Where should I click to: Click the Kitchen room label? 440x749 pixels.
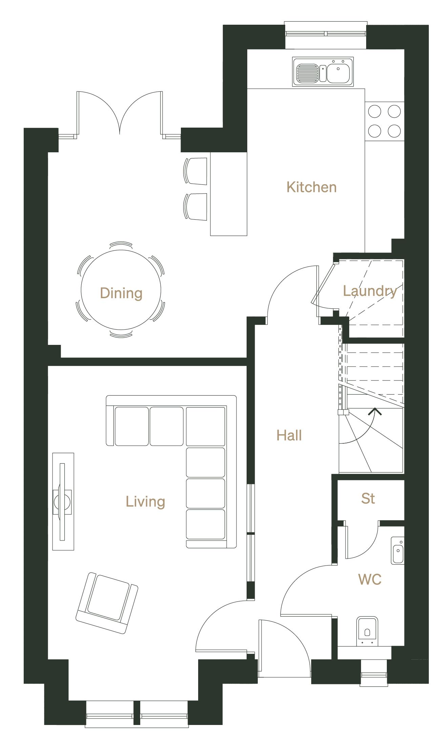[x=311, y=187]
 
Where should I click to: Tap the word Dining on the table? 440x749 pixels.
[x=121, y=293]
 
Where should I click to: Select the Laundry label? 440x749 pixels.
[x=370, y=291]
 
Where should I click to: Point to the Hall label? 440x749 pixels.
[x=289, y=435]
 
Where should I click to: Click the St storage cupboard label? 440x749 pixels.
[x=368, y=499]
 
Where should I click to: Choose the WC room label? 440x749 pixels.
[x=370, y=579]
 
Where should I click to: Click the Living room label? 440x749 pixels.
[x=145, y=502]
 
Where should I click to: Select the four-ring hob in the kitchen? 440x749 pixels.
[x=384, y=121]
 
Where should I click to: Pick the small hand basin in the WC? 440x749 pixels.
[x=398, y=550]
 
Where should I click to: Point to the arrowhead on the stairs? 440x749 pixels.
[x=375, y=412]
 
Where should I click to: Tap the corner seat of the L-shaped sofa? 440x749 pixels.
[x=205, y=426]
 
